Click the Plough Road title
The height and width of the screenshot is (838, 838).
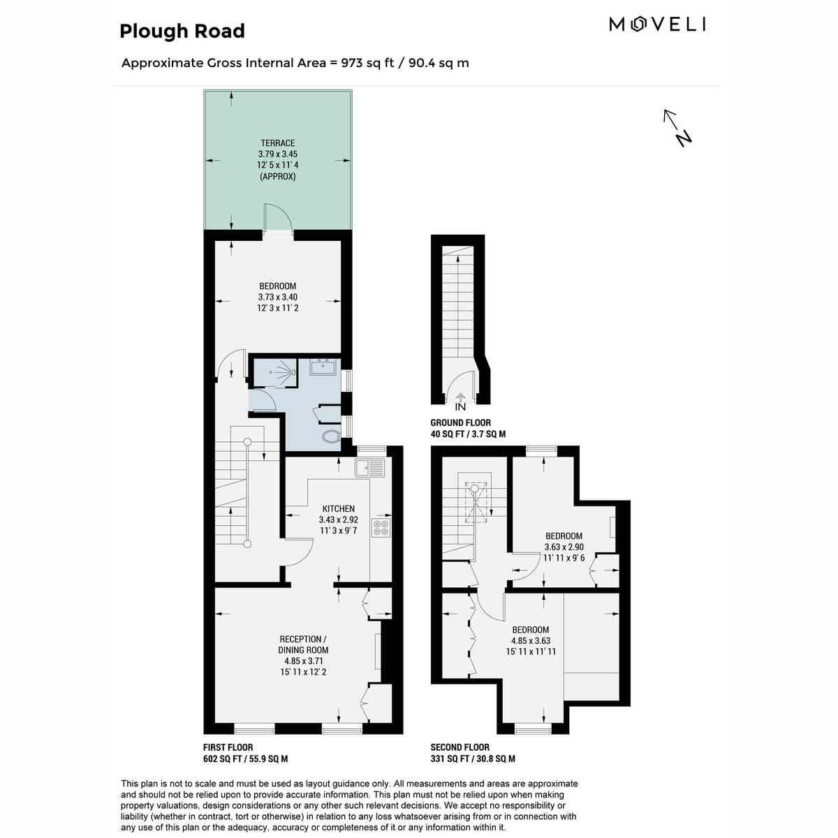[182, 31]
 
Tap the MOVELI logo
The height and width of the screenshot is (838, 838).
[656, 24]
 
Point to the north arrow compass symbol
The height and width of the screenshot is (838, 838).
[677, 128]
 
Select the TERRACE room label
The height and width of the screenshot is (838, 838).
[277, 143]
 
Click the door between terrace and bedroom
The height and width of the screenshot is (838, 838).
[278, 216]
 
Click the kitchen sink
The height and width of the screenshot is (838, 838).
[369, 468]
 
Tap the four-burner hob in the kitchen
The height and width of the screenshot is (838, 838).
[381, 527]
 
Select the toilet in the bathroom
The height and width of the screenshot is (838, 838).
[332, 436]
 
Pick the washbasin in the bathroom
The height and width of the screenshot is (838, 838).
[322, 367]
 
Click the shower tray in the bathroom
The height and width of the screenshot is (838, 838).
[276, 373]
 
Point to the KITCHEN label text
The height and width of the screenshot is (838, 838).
[338, 509]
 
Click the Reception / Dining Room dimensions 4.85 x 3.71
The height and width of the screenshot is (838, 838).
[303, 661]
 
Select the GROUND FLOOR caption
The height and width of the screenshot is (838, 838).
[460, 422]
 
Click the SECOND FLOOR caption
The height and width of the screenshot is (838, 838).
[460, 747]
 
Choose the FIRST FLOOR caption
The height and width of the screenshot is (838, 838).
[228, 747]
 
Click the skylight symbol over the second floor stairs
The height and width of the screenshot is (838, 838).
[476, 501]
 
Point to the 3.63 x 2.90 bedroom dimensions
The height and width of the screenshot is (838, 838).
[564, 547]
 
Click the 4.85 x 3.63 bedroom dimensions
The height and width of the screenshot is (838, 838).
[531, 640]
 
